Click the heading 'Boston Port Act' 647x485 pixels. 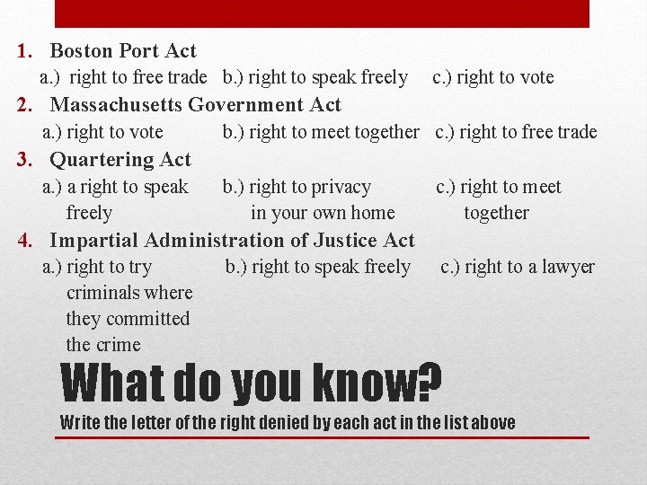[122, 51]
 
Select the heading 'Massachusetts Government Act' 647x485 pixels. [195, 105]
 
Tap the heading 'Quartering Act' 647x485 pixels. [120, 160]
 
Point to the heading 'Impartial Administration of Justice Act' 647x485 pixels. [232, 240]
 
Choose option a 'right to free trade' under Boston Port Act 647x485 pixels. [123, 77]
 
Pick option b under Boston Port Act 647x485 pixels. [315, 77]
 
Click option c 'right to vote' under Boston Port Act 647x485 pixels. [493, 77]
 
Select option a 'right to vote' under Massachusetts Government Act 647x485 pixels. [103, 132]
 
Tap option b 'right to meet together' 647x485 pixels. [321, 132]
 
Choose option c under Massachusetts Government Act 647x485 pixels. [516, 132]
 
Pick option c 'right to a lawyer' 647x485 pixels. [517, 267]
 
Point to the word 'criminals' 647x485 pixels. [129, 293]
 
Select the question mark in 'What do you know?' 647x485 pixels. [430, 384]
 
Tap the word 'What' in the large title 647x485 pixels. [112, 384]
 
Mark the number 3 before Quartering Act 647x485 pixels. [25, 160]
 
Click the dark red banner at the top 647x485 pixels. [323, 13]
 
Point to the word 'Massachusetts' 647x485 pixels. [117, 105]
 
